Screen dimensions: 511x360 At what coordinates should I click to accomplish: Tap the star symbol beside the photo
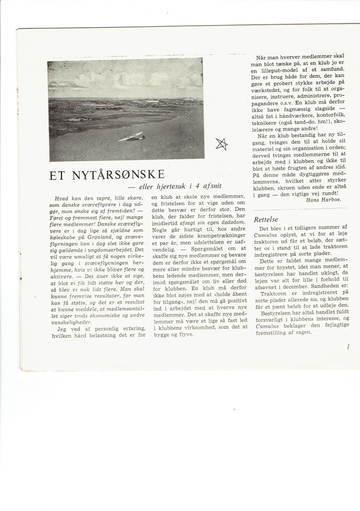point(221,144)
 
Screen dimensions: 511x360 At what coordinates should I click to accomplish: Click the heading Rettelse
point(266,220)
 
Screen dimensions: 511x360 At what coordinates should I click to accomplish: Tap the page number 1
point(348,347)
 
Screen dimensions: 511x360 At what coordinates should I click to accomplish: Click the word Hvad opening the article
point(61,198)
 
